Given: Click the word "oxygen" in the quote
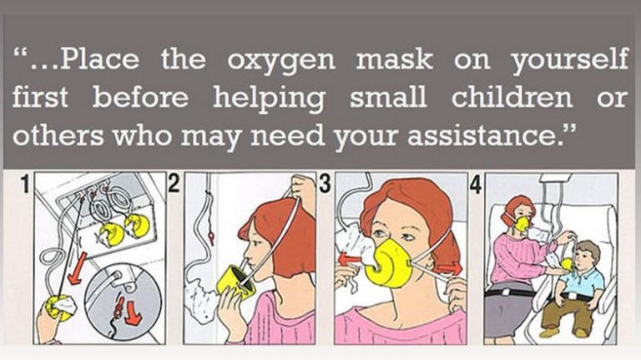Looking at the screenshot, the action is (x=280, y=61).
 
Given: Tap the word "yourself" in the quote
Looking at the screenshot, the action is (x=570, y=60).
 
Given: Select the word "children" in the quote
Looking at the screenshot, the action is (x=512, y=97).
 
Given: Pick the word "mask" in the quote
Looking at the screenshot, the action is (x=394, y=59).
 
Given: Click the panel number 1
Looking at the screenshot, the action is (x=26, y=184).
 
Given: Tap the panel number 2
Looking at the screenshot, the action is (x=174, y=183).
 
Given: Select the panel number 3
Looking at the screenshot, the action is (x=324, y=183).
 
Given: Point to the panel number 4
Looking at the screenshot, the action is (x=476, y=184).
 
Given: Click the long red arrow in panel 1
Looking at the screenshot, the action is (x=77, y=268).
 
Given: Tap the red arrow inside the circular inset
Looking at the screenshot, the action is (x=133, y=313).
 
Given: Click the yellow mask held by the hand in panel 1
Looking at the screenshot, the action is (x=58, y=309).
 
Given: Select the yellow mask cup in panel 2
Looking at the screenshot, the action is (x=235, y=281).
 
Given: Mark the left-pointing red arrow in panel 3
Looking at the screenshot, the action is (x=349, y=260).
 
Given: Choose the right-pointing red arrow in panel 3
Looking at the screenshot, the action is (x=449, y=268).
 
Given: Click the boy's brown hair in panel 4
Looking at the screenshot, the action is (x=590, y=249).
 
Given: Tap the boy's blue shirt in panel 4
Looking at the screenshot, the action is (x=583, y=283).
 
